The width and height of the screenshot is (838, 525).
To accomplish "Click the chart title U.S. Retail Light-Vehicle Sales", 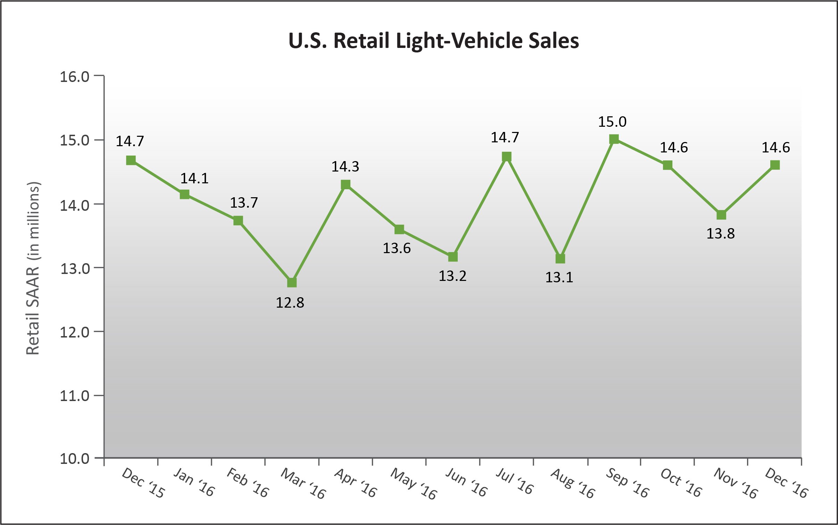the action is tap(433, 41).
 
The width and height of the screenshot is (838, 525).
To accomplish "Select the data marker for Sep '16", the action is tap(614, 139).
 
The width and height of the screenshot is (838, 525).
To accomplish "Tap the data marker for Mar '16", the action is tap(292, 283).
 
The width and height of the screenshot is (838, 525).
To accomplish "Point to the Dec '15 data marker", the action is tap(131, 160).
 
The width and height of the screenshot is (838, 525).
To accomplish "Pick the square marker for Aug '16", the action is tap(560, 259).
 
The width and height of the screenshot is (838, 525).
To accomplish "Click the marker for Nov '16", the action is tap(721, 215).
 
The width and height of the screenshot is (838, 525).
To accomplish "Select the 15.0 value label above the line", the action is tap(612, 122).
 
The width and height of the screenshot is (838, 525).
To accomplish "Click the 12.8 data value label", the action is tap(290, 303).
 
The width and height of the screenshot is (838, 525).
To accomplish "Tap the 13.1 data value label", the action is tap(559, 277).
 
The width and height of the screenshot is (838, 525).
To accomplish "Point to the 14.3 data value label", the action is tap(345, 167).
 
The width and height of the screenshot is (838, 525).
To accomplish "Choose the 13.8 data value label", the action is tap(721, 234).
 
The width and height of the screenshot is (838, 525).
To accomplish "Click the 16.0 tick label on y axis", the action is tap(75, 77).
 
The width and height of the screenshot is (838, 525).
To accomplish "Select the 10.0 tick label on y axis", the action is tap(75, 459).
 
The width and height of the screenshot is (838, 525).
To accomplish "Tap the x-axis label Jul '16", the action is tap(514, 481).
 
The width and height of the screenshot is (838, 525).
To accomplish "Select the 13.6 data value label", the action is tap(397, 248).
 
